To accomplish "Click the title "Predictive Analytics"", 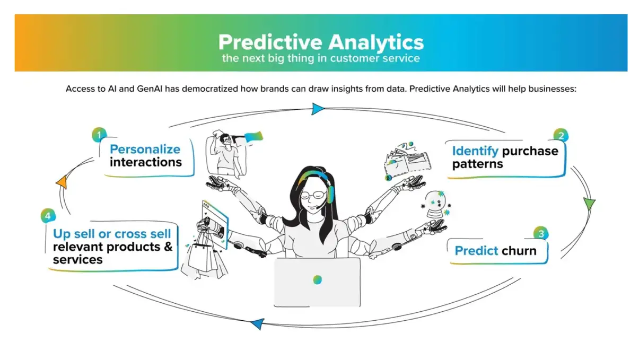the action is [x=321, y=42].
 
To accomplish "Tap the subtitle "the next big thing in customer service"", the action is [x=321, y=58].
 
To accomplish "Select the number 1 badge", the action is [x=99, y=135].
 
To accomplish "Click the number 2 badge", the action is [x=561, y=136].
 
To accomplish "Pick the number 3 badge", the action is [x=541, y=234].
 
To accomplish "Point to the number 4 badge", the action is [x=48, y=216].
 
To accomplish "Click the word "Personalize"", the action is [x=145, y=150].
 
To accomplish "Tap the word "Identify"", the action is [x=475, y=151].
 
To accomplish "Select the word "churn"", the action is [x=519, y=251].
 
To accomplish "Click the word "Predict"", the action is [x=476, y=251].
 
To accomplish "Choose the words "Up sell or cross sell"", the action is [x=112, y=234].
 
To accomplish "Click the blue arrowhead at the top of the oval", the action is [x=318, y=109].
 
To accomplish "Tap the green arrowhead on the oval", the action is [x=589, y=204].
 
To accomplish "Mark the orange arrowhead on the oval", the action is [x=62, y=182].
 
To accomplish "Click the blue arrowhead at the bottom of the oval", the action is [x=257, y=324].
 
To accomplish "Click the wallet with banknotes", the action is [x=407, y=162].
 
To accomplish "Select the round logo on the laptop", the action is [x=317, y=280].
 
